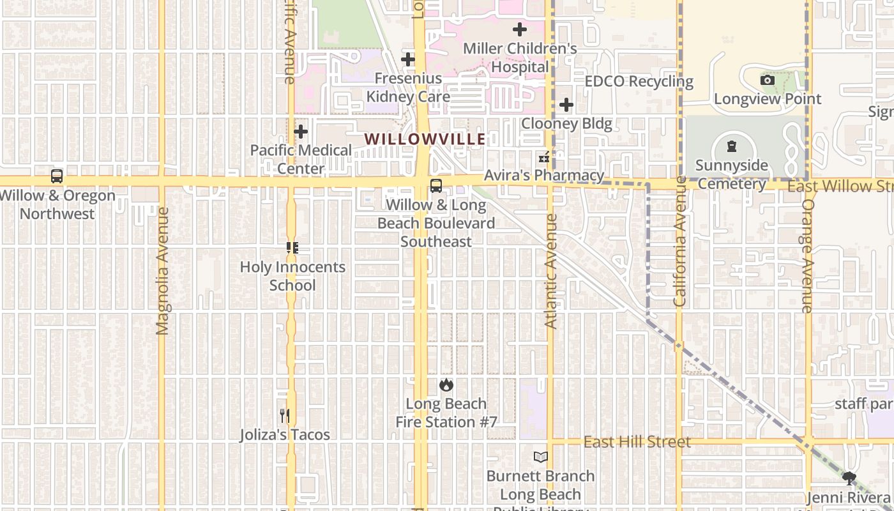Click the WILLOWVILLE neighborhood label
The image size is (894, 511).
click(425, 139)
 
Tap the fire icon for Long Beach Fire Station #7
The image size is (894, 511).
click(446, 385)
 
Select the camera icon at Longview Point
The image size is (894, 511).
click(768, 80)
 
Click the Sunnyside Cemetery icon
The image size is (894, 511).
click(731, 146)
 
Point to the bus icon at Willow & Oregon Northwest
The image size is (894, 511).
click(57, 176)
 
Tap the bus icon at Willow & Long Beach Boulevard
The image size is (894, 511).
click(436, 186)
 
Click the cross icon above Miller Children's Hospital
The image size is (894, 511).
click(520, 29)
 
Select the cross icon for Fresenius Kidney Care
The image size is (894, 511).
click(408, 60)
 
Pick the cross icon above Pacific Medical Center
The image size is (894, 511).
click(301, 132)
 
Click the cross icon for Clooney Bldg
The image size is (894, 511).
click(566, 105)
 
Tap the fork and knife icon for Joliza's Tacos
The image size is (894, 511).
click(285, 416)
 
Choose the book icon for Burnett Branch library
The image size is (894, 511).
click(541, 457)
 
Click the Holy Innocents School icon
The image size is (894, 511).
click(292, 248)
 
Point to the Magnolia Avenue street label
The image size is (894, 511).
click(162, 270)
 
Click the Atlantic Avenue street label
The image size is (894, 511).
click(551, 271)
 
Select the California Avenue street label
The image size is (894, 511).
click(679, 241)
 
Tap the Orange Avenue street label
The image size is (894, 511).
click(807, 256)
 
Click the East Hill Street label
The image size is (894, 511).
click(637, 442)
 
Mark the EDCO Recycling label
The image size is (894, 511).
click(639, 82)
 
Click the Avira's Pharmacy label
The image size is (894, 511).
click(543, 175)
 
